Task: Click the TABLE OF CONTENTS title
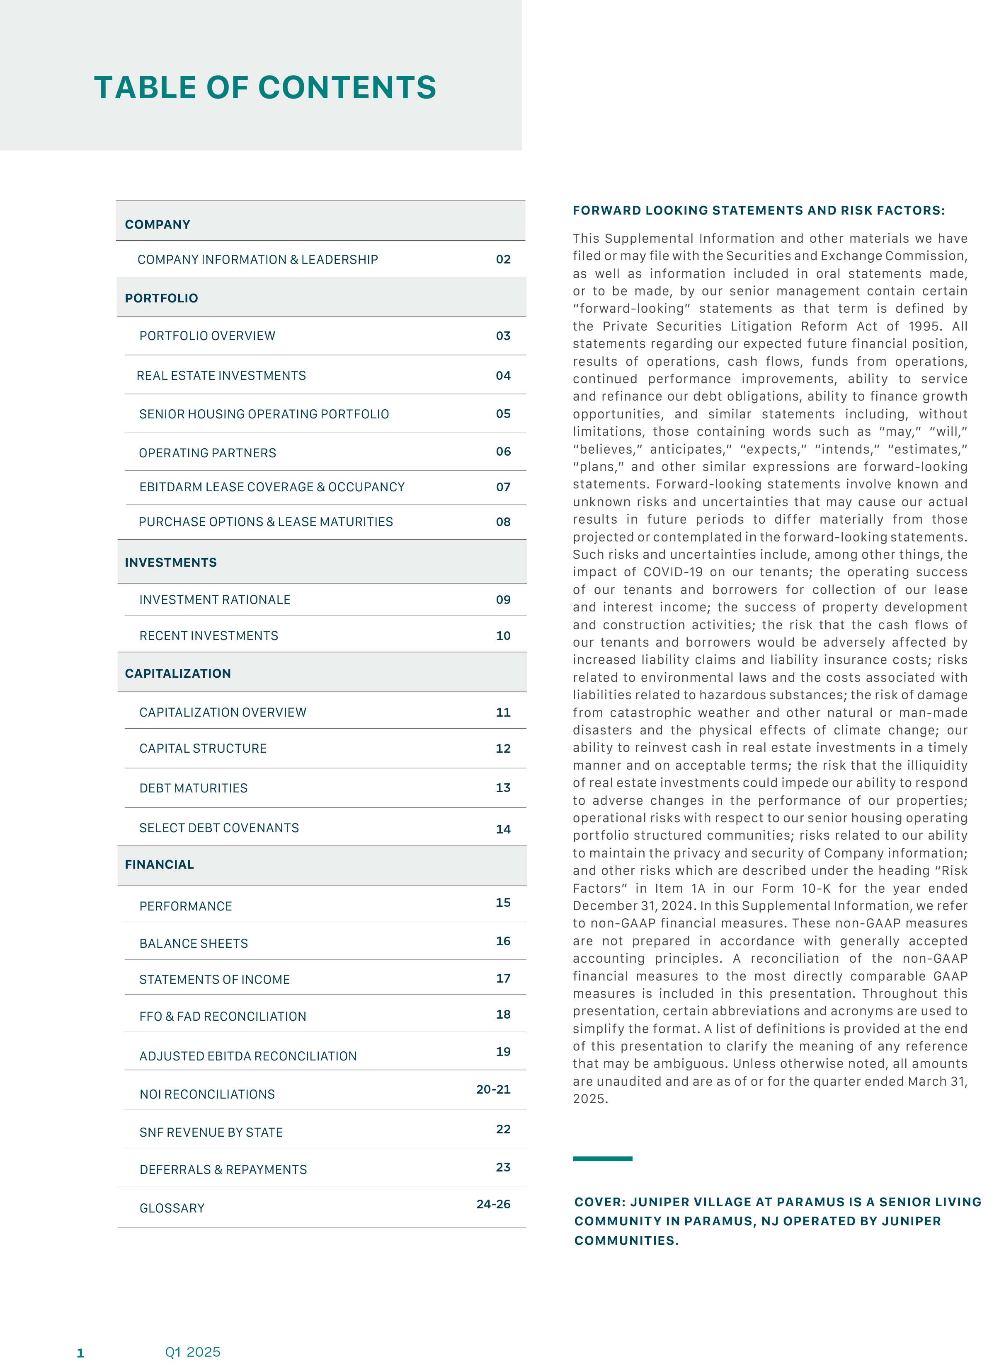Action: (x=265, y=88)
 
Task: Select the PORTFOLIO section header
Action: (x=162, y=298)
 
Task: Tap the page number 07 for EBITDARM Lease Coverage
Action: (x=503, y=487)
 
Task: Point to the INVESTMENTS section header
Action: (x=170, y=563)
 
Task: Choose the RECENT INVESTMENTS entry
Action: (x=209, y=636)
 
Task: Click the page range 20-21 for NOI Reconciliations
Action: (x=493, y=1089)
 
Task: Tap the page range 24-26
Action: (x=493, y=1204)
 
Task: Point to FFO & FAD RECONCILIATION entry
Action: (x=223, y=1017)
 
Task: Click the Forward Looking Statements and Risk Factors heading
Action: (x=758, y=210)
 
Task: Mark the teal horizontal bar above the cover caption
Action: (x=602, y=1159)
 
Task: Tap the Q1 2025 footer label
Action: (x=192, y=1352)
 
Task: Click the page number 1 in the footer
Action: (x=80, y=1353)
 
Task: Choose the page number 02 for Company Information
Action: (x=503, y=259)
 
